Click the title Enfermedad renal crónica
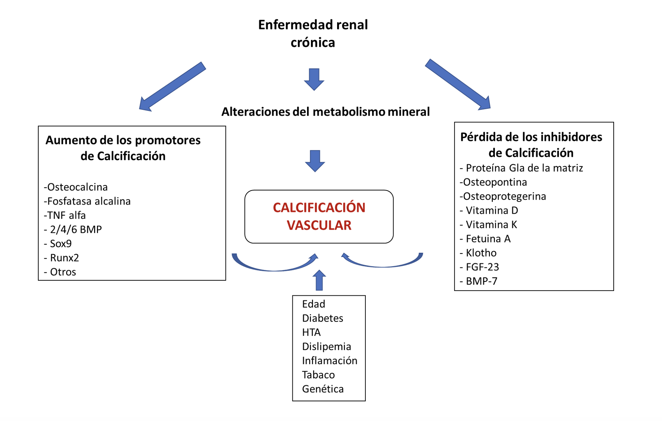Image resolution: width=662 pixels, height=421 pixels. click(x=313, y=34)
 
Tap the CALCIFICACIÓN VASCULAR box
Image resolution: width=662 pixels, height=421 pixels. click(x=319, y=217)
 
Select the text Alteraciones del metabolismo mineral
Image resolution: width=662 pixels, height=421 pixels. click(x=325, y=112)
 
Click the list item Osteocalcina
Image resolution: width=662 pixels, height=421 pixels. click(x=76, y=187)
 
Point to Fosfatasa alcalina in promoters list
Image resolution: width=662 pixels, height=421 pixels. click(x=87, y=201)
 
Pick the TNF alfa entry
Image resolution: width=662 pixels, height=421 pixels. click(x=65, y=215)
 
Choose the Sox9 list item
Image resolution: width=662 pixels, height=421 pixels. click(x=58, y=243)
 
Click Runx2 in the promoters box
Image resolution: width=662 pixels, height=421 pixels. click(x=62, y=258)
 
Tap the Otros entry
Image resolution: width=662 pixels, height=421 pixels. click(x=60, y=272)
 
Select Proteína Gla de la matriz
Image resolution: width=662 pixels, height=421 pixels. click(x=521, y=168)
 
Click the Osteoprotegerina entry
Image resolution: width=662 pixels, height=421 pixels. click(x=503, y=196)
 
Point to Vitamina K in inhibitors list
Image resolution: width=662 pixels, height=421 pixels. click(x=488, y=224)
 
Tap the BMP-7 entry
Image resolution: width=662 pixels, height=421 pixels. click(x=478, y=281)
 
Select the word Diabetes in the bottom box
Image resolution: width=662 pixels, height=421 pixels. click(x=322, y=318)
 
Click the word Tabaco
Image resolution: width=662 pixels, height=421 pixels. click(x=318, y=374)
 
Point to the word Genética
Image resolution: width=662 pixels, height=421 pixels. click(x=323, y=389)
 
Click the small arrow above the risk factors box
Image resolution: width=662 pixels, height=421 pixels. click(x=319, y=280)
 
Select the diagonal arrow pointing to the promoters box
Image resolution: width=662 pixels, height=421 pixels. click(x=172, y=87)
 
